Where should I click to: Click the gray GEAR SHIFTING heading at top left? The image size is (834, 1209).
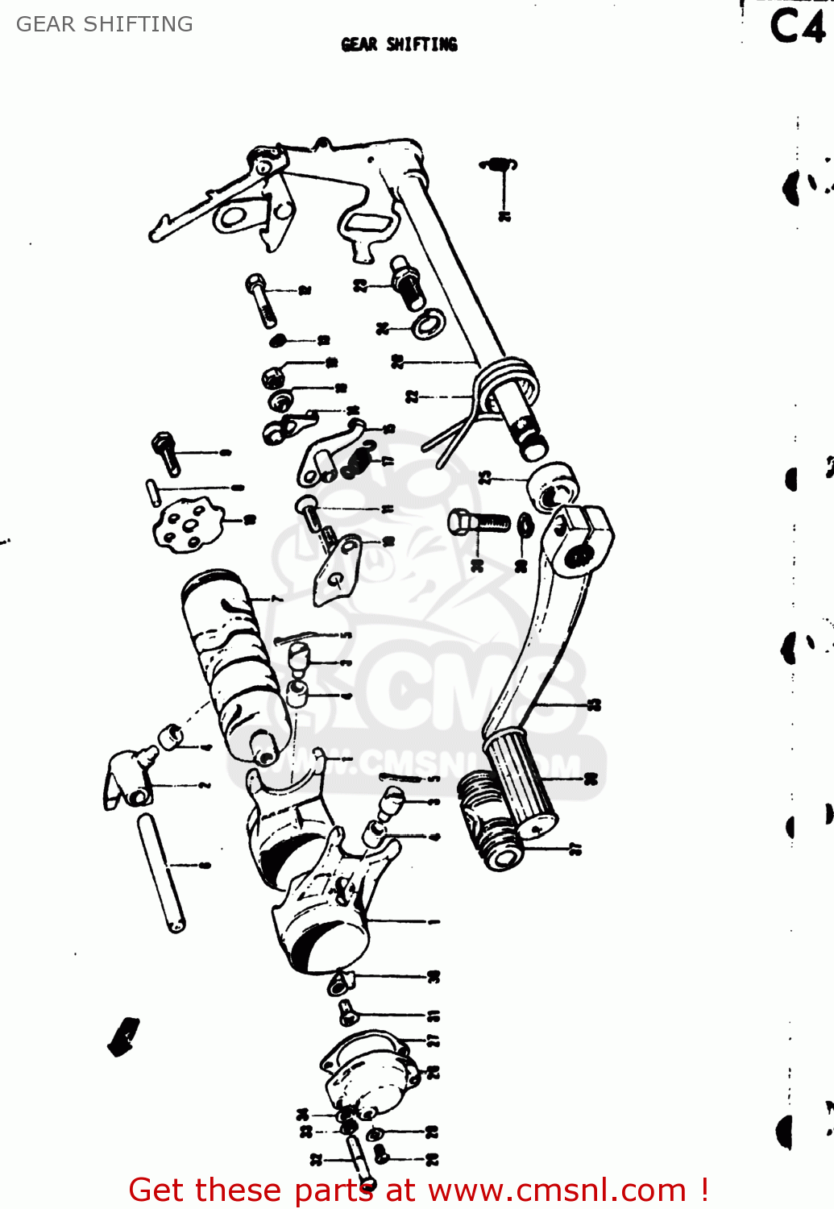104,24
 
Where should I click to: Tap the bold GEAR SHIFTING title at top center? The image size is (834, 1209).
399,44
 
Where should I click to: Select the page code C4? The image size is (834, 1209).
797,27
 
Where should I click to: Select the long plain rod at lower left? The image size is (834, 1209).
161,872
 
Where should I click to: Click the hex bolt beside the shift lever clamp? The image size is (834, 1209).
479,522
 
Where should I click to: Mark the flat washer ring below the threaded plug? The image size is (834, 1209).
428,323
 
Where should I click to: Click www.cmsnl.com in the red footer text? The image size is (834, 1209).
556,1190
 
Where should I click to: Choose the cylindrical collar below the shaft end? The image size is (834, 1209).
552,484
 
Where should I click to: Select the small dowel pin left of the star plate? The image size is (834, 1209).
151,492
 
